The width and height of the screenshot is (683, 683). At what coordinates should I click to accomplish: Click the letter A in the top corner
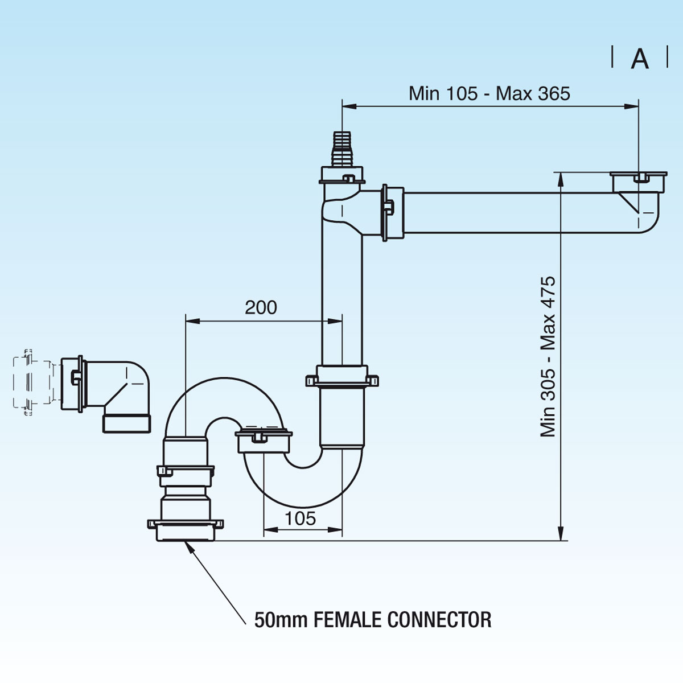pos(640,59)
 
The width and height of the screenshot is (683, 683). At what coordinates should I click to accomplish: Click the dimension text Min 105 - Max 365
pos(489,93)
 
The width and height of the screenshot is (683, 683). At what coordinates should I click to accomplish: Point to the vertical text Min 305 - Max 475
pos(548,356)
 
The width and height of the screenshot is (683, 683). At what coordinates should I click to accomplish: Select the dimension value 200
pos(261,307)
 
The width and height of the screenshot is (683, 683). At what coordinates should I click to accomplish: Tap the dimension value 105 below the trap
pos(300,518)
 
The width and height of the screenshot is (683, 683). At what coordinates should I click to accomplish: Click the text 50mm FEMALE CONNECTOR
pos(373,619)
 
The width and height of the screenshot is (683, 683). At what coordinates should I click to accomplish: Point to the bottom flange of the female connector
pos(186,529)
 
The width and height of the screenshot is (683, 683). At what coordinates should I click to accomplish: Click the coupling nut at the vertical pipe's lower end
pos(341,378)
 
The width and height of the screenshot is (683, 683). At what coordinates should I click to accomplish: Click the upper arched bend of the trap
pos(225,398)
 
